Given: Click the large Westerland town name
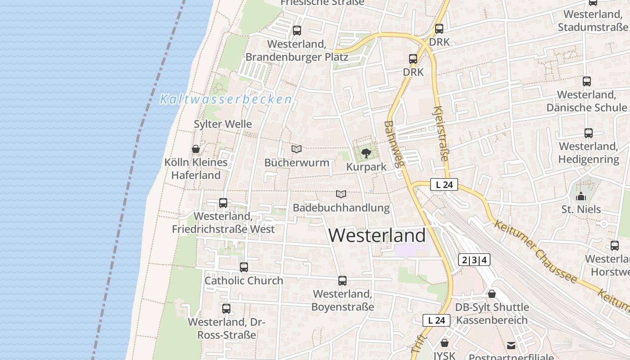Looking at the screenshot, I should click(377, 235).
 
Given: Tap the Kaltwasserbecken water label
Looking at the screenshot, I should click(226, 99).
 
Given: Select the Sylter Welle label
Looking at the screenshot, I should click(223, 124).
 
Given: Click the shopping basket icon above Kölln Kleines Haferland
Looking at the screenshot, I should click(196, 149).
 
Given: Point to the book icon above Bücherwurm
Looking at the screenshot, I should click(297, 149).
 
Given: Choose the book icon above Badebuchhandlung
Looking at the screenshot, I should click(341, 194).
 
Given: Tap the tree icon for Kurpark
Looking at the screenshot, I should click(366, 153).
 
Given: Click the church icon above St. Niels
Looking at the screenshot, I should click(581, 196).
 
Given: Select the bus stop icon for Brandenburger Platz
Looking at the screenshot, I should click(297, 31).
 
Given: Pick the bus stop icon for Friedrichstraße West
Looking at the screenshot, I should click(223, 203).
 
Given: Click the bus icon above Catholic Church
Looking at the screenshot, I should click(244, 267).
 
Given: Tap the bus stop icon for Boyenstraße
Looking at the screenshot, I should click(342, 281).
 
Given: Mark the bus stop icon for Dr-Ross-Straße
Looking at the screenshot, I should click(226, 309).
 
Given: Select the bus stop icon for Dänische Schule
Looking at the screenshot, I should click(587, 81).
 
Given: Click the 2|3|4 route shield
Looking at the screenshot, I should click(474, 260).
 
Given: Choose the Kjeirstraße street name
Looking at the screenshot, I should click(441, 134).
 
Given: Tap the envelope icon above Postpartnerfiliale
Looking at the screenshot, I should click(511, 346).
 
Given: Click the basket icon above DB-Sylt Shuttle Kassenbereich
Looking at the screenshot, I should click(492, 294).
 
